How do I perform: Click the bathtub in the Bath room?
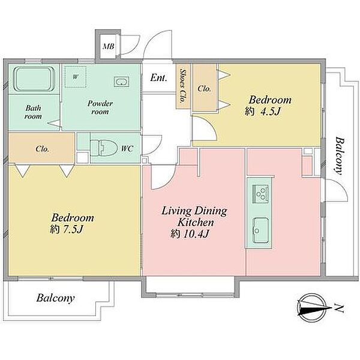point(34,79)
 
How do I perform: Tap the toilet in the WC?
point(103,148)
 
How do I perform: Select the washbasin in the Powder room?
point(121,82)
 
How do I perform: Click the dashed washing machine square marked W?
point(76,77)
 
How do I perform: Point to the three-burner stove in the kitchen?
point(260,194)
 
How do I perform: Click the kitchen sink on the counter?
point(260,230)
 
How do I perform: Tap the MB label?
point(109,47)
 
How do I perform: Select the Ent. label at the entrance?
point(158,78)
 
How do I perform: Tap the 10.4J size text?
point(196,234)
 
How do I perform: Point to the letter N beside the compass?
point(338,308)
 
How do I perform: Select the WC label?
point(127,149)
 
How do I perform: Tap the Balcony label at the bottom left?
point(56,298)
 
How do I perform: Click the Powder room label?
point(100,107)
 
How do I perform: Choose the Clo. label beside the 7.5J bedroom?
point(43,149)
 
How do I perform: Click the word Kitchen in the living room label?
point(196,222)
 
